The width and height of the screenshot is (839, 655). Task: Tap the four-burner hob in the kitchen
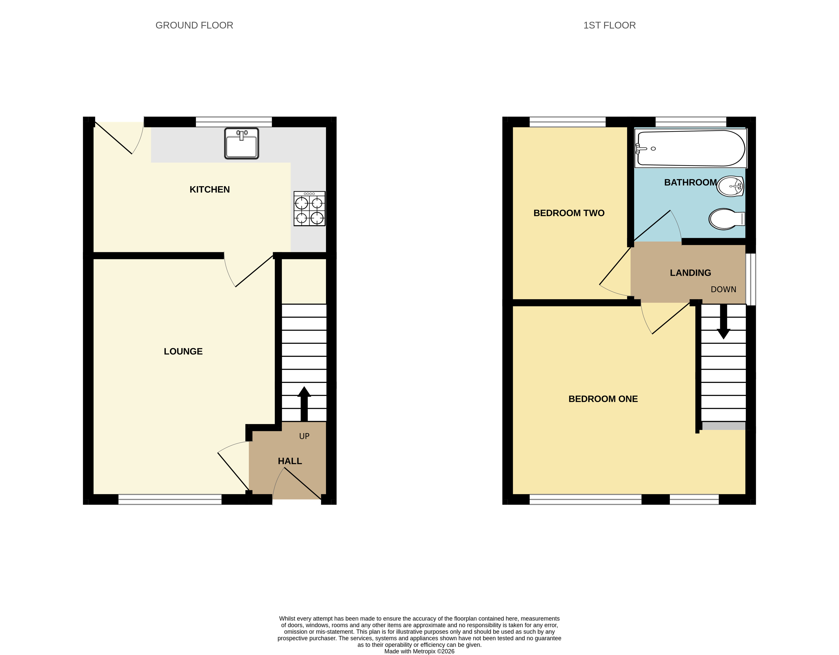pyautogui.click(x=309, y=208)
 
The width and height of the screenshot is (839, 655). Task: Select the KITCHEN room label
pyautogui.click(x=210, y=190)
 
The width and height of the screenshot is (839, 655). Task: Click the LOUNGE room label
pyautogui.click(x=183, y=351)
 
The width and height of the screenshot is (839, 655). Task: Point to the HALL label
pyautogui.click(x=290, y=461)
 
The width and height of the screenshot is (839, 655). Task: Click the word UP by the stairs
pyautogui.click(x=304, y=436)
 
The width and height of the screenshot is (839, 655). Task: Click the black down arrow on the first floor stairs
pyautogui.click(x=723, y=322)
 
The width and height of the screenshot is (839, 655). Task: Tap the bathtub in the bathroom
pyautogui.click(x=690, y=148)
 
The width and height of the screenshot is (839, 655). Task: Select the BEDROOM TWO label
pyautogui.click(x=569, y=213)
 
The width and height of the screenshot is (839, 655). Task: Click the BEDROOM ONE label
pyautogui.click(x=603, y=399)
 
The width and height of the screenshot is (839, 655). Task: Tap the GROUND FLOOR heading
pyautogui.click(x=194, y=25)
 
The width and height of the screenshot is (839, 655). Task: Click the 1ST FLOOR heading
pyautogui.click(x=610, y=25)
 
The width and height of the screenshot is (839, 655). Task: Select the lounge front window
pyautogui.click(x=170, y=500)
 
